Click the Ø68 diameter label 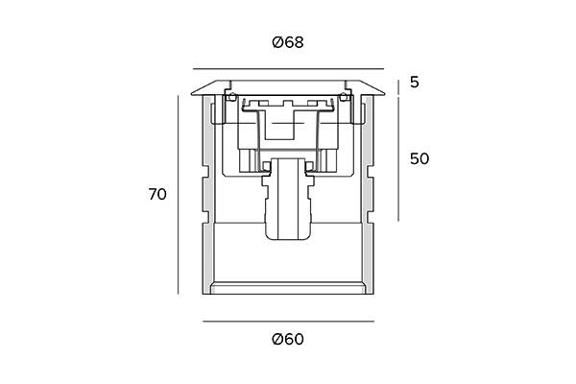click(x=288, y=42)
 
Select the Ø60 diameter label click(x=288, y=339)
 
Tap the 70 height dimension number click(x=157, y=194)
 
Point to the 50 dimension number click(x=420, y=158)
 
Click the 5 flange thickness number click(x=415, y=83)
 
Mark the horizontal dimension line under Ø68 click(x=288, y=69)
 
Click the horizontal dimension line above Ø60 click(x=288, y=322)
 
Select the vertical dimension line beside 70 click(x=179, y=195)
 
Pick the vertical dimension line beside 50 click(x=398, y=158)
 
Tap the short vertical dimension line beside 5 click(x=398, y=87)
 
